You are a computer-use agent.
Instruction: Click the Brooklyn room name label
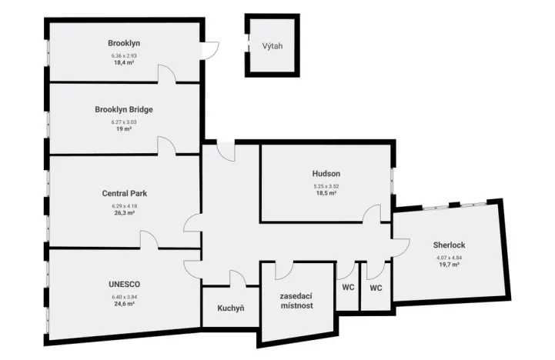pyautogui.click(x=124, y=43)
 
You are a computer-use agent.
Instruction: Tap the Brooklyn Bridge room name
pyautogui.click(x=124, y=110)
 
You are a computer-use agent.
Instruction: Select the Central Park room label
pyautogui.click(x=124, y=194)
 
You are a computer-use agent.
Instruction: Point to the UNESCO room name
pyautogui.click(x=124, y=284)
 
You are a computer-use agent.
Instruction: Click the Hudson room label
pyautogui.click(x=326, y=174)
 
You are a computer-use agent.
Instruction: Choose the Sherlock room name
pyautogui.click(x=449, y=245)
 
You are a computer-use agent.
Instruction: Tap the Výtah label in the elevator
pyautogui.click(x=272, y=46)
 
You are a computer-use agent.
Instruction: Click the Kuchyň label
pyautogui.click(x=230, y=308)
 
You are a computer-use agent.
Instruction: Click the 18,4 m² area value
pyautogui.click(x=124, y=63)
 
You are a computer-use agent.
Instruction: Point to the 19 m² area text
pyautogui.click(x=124, y=129)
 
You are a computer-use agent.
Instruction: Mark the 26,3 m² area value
pyautogui.click(x=124, y=214)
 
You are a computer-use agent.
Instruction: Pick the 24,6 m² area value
pyautogui.click(x=124, y=304)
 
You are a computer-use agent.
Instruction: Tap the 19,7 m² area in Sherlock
pyautogui.click(x=449, y=265)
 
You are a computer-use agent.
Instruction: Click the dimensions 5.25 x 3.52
pyautogui.click(x=326, y=186)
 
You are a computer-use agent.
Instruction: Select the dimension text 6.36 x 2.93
pyautogui.click(x=124, y=55)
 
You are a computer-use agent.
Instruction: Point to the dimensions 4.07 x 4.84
pyautogui.click(x=449, y=257)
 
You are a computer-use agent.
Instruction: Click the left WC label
pyautogui.click(x=347, y=288)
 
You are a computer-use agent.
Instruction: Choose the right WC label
pyautogui.click(x=376, y=288)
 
